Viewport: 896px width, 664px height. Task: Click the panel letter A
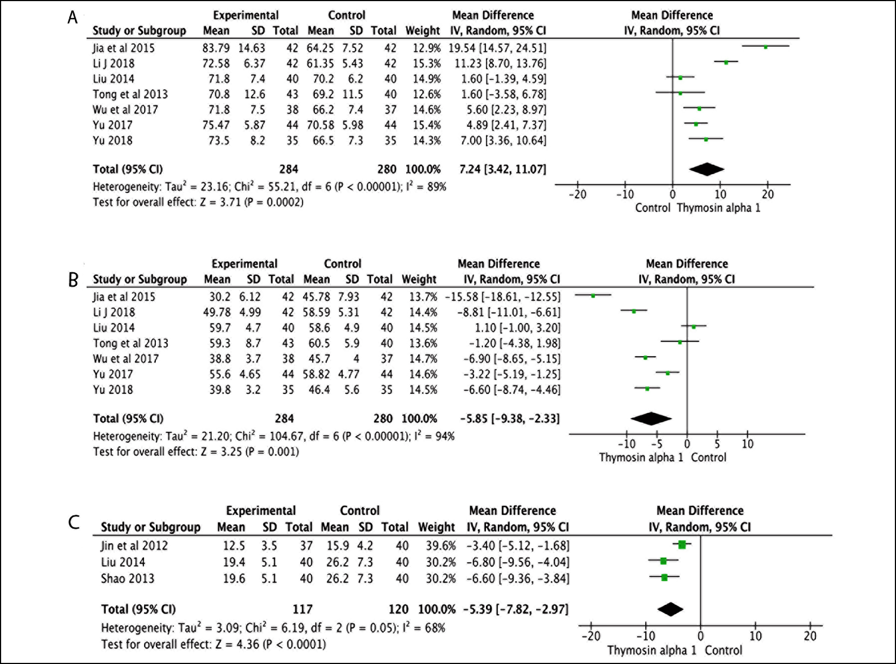(73, 18)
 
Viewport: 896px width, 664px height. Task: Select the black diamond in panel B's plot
(651, 419)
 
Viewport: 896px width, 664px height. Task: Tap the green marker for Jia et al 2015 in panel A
(766, 47)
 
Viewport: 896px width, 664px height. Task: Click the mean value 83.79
(216, 48)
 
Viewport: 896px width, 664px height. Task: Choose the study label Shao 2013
(127, 578)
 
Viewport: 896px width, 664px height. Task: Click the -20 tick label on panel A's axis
(577, 195)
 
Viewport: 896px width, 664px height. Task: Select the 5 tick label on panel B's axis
(717, 444)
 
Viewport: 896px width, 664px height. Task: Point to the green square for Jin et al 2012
(682, 545)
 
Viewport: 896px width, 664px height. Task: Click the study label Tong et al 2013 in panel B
(131, 343)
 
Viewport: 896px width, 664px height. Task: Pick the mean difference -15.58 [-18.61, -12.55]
(503, 297)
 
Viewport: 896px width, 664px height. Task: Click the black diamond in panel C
(670, 609)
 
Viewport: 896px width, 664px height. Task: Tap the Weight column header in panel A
(423, 31)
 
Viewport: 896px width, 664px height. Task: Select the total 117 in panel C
(302, 609)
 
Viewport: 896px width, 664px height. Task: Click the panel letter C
(74, 523)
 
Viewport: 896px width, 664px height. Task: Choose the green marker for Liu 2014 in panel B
(693, 327)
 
